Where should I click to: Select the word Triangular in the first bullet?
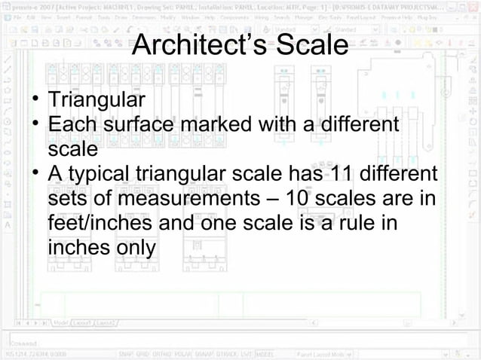pos(96,99)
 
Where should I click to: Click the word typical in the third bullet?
pos(101,175)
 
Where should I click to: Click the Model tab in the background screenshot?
pos(61,323)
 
